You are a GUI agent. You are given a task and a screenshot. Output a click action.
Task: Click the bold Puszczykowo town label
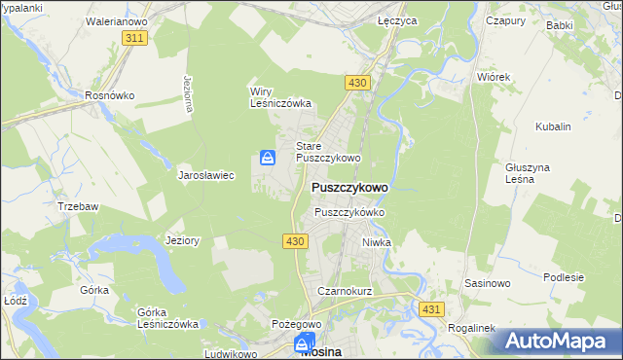(x=349, y=188)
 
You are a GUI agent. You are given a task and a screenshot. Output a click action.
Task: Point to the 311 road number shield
(x=135, y=37)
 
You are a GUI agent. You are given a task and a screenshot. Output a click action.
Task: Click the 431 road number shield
(x=432, y=308)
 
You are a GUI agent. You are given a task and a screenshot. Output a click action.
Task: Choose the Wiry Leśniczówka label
(x=280, y=97)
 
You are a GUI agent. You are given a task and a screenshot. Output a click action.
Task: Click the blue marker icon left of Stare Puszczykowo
(x=268, y=158)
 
